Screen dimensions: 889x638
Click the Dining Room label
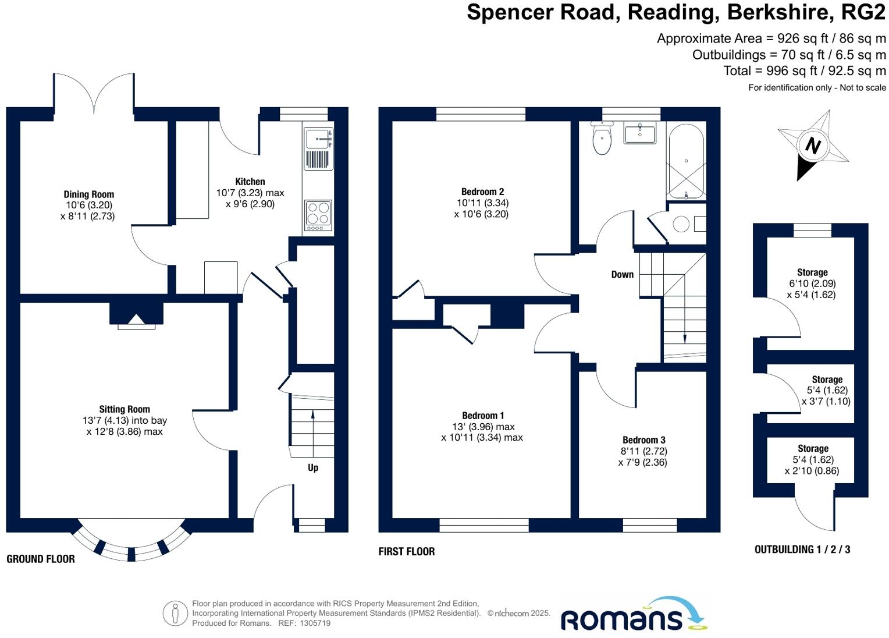[89, 194]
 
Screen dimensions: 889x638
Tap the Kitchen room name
[250, 182]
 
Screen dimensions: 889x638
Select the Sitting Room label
[125, 409]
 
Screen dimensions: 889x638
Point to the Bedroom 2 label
[482, 192]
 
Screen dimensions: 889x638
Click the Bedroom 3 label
[643, 440]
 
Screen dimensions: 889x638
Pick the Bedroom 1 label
[483, 416]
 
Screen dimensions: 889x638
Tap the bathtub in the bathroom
[687, 159]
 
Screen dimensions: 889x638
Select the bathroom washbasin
[639, 133]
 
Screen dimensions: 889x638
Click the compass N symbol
[813, 146]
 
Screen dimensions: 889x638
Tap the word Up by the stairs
[313, 467]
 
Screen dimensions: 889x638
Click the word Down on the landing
[623, 274]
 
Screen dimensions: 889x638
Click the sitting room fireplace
[137, 317]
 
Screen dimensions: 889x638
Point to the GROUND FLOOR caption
[41, 559]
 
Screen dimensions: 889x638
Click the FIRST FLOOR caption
[407, 551]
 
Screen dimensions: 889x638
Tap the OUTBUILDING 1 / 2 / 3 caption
[802, 549]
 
